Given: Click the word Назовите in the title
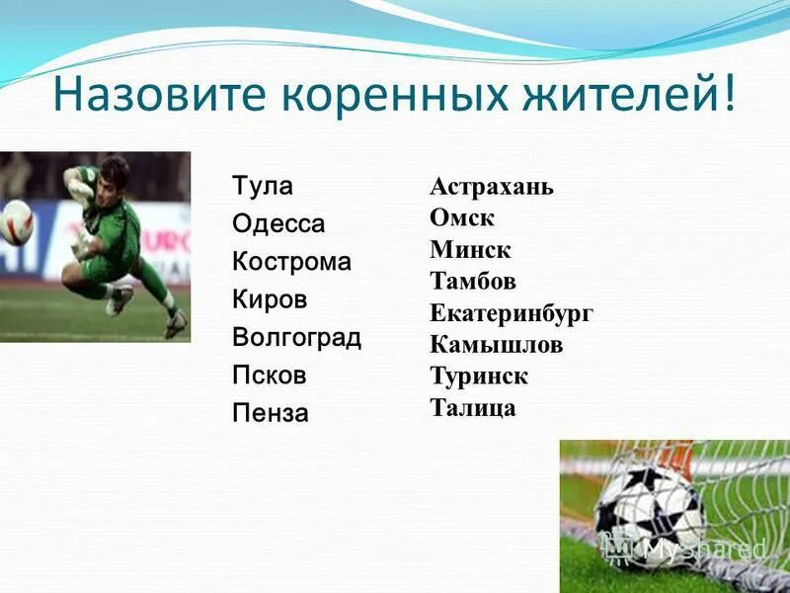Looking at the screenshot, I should [x=158, y=99].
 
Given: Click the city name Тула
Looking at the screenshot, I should [x=263, y=186].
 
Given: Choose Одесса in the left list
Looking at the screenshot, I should [x=278, y=224].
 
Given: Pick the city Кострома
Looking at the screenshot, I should [x=291, y=262].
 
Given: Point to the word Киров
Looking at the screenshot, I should [x=270, y=299].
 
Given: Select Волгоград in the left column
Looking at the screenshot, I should [x=296, y=338].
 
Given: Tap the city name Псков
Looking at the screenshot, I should [x=270, y=376].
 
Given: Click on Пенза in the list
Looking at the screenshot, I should [x=271, y=413].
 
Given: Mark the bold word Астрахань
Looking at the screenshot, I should [x=492, y=188].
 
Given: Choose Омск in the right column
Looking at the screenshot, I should [x=462, y=218].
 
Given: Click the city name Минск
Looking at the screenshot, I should [x=470, y=250].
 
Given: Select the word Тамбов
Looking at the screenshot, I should [x=473, y=282].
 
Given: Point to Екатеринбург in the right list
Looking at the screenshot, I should [x=512, y=313].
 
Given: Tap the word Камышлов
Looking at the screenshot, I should [x=497, y=345].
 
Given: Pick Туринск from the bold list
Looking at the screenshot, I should [x=479, y=377].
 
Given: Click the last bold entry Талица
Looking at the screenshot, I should [x=473, y=408].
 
